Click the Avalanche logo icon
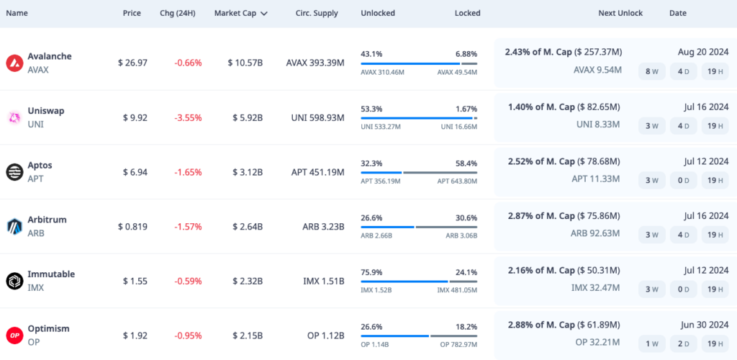pyautogui.click(x=14, y=63)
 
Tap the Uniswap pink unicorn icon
pyautogui.click(x=14, y=117)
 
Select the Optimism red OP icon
pyautogui.click(x=14, y=336)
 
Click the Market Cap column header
pyautogui.click(x=236, y=13)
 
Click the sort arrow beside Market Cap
pyautogui.click(x=264, y=14)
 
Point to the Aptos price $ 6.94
pyautogui.click(x=132, y=172)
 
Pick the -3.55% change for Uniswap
pyautogui.click(x=188, y=117)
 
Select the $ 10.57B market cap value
pyautogui.click(x=245, y=63)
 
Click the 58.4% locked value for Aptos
pyautogui.click(x=466, y=163)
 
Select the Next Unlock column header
pyautogui.click(x=620, y=13)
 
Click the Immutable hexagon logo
pyautogui.click(x=14, y=281)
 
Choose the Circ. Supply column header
pyautogui.click(x=317, y=13)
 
